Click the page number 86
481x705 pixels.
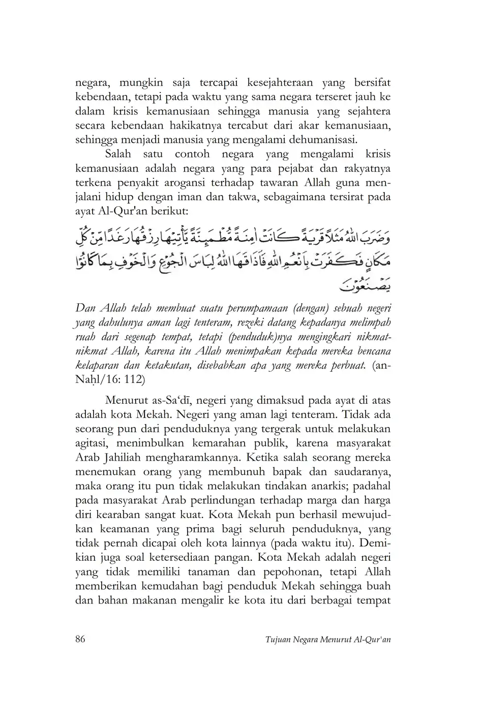pos(80,639)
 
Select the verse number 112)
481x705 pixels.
pos(135,379)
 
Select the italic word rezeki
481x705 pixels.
pos(252,323)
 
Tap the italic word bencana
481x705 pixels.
pos(372,351)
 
